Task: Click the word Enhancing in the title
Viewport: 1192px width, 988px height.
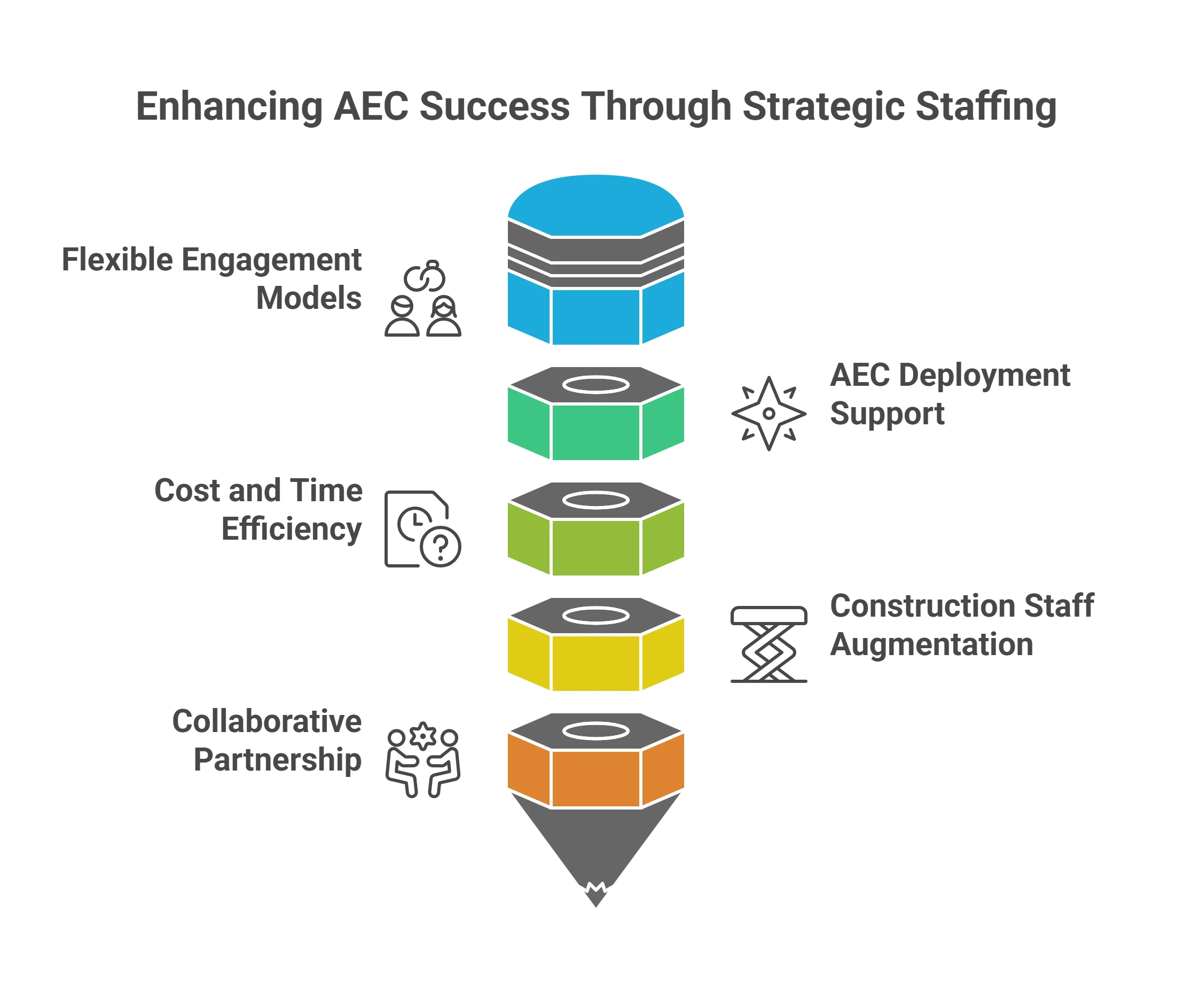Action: [229, 106]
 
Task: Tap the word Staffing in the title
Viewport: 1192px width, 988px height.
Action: [987, 106]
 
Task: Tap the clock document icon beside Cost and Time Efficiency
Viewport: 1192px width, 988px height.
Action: [423, 528]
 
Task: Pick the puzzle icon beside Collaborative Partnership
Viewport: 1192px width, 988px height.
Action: [423, 758]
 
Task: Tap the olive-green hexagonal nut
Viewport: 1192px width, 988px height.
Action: [596, 546]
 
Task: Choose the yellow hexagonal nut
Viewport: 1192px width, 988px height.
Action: [596, 662]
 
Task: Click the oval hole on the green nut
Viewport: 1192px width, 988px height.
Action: [596, 384]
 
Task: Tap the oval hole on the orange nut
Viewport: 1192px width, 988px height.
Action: [596, 731]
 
